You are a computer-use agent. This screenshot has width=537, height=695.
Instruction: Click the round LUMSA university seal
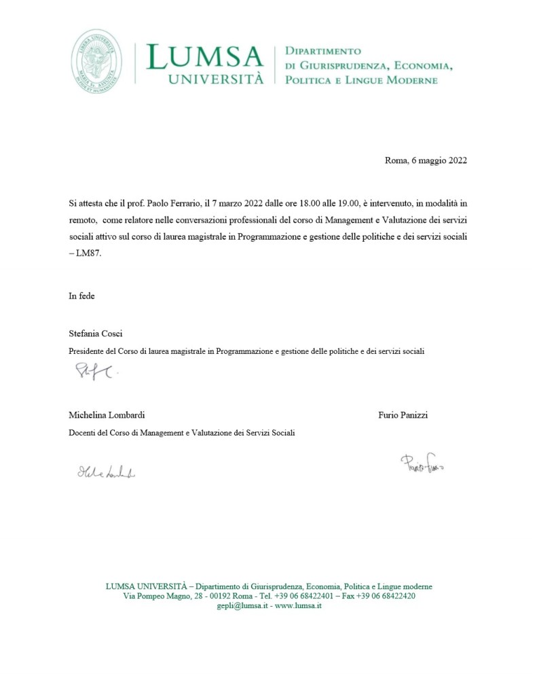pos(97,61)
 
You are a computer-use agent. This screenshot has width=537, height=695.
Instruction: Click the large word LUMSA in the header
pos(204,58)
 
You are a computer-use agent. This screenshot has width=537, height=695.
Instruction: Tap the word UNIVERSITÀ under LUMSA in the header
pos(216,79)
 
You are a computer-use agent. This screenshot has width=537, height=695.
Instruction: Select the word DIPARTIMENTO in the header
pos(322,51)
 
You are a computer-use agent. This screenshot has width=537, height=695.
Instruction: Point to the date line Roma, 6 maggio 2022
pos(426,161)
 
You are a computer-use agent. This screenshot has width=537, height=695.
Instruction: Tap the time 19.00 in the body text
pos(356,202)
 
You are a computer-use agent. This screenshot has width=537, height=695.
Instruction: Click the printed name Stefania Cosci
pos(95,334)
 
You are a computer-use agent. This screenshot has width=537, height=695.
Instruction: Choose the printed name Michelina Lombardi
pos(107,415)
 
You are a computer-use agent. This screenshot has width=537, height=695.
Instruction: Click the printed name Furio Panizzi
pos(403,415)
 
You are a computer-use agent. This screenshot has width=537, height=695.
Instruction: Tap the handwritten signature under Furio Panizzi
pos(426,464)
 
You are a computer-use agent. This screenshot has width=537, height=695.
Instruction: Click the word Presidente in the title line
pos(88,351)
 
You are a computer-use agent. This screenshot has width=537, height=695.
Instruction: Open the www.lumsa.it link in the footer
pos(298,605)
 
